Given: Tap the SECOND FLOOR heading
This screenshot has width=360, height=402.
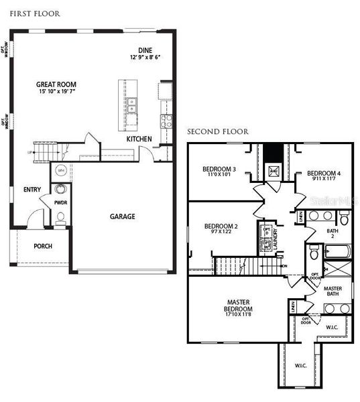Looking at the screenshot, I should [217, 131].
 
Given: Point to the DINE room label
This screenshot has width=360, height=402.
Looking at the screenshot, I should [145, 50].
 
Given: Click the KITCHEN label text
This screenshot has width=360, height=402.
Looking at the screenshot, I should [139, 139].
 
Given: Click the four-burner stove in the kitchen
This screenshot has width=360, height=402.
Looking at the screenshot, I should [166, 121].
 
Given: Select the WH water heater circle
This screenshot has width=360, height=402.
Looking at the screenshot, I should [60, 171].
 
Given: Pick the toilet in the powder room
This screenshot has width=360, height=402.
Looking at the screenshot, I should [60, 216].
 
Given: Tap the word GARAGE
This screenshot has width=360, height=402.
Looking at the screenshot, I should [122, 216].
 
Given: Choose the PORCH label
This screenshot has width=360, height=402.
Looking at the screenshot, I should [43, 246].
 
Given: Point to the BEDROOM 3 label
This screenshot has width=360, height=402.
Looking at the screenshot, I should [219, 169].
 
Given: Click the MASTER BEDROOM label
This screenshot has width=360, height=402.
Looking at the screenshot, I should [239, 306].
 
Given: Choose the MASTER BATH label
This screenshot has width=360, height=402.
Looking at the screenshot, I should [333, 291].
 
